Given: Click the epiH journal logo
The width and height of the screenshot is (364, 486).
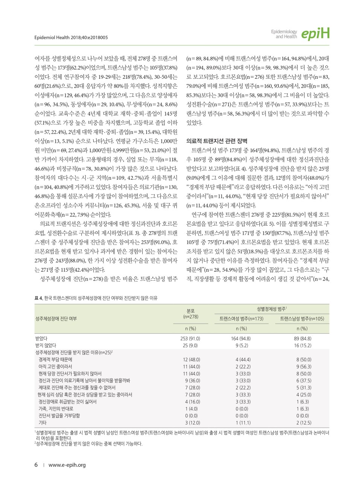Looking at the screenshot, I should [x=315, y=34].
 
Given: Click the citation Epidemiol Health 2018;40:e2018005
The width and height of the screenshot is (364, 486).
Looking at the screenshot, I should [x=71, y=37].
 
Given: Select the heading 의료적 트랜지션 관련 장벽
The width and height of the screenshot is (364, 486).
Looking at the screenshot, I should [x=217, y=141].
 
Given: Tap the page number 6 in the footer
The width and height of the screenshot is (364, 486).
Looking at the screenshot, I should [x=36, y=465].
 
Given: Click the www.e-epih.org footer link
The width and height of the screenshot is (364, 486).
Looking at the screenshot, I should [x=67, y=465].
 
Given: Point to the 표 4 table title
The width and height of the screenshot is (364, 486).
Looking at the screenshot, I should [x=96, y=298].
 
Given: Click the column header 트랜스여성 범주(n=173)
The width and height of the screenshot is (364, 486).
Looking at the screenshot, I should [x=241, y=319].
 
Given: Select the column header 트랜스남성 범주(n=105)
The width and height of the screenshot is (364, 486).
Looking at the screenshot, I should [x=302, y=319].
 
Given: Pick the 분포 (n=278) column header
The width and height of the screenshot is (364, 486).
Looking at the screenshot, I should [x=190, y=314].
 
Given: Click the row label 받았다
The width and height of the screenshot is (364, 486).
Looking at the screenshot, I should [x=41, y=338].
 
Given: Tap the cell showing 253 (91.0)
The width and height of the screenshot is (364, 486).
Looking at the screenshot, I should [x=190, y=338].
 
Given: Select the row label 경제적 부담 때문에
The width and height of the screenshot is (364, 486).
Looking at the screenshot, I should [x=55, y=359].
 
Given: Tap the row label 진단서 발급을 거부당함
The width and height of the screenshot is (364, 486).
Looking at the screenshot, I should [x=59, y=416].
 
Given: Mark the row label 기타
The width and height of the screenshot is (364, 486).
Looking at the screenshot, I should [x=43, y=423].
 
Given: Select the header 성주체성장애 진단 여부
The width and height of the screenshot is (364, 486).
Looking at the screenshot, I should [x=56, y=319].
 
